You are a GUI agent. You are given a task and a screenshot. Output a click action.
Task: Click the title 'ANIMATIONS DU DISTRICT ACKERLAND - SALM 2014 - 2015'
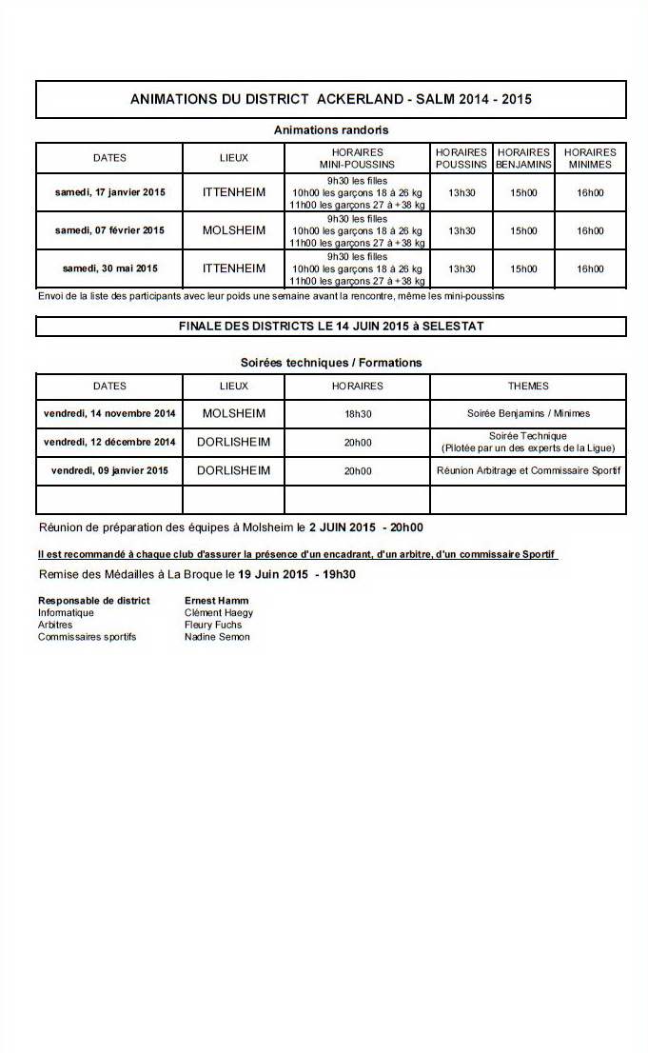[x=330, y=99]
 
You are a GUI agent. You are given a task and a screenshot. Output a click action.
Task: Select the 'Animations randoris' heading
[x=330, y=129]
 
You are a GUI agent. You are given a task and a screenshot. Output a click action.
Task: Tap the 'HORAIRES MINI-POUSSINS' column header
[x=357, y=158]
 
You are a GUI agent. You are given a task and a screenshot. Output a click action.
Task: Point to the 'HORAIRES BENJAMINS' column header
[x=523, y=158]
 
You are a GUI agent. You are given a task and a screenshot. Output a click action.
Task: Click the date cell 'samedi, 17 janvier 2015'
[x=109, y=192]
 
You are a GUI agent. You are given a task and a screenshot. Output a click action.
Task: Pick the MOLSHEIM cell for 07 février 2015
[x=233, y=230]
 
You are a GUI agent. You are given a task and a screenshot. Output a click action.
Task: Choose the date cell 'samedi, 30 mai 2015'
[x=109, y=268]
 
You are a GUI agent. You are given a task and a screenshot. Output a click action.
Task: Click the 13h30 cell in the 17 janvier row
[x=461, y=192]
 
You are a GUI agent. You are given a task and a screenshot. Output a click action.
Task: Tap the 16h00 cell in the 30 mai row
[x=590, y=268]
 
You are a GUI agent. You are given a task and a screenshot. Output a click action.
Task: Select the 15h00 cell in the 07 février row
[x=523, y=230]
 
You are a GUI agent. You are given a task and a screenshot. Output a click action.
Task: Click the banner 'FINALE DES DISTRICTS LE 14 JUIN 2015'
[x=330, y=327]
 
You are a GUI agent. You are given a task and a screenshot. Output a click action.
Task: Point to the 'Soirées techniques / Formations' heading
[x=330, y=363]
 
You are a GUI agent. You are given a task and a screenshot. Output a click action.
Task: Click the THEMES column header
[x=528, y=387]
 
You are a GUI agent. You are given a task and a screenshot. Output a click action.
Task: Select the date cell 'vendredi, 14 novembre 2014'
[x=109, y=413]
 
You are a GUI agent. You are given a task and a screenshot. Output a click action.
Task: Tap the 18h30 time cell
[x=357, y=414]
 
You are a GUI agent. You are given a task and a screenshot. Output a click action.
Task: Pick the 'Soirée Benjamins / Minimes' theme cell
[x=528, y=414]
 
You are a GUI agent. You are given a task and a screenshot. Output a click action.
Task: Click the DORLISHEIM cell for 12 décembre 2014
[x=233, y=442]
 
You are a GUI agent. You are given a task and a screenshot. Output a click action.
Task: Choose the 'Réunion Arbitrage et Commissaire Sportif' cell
[x=528, y=470]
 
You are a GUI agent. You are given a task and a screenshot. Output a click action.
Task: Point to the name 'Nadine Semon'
[x=217, y=637]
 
